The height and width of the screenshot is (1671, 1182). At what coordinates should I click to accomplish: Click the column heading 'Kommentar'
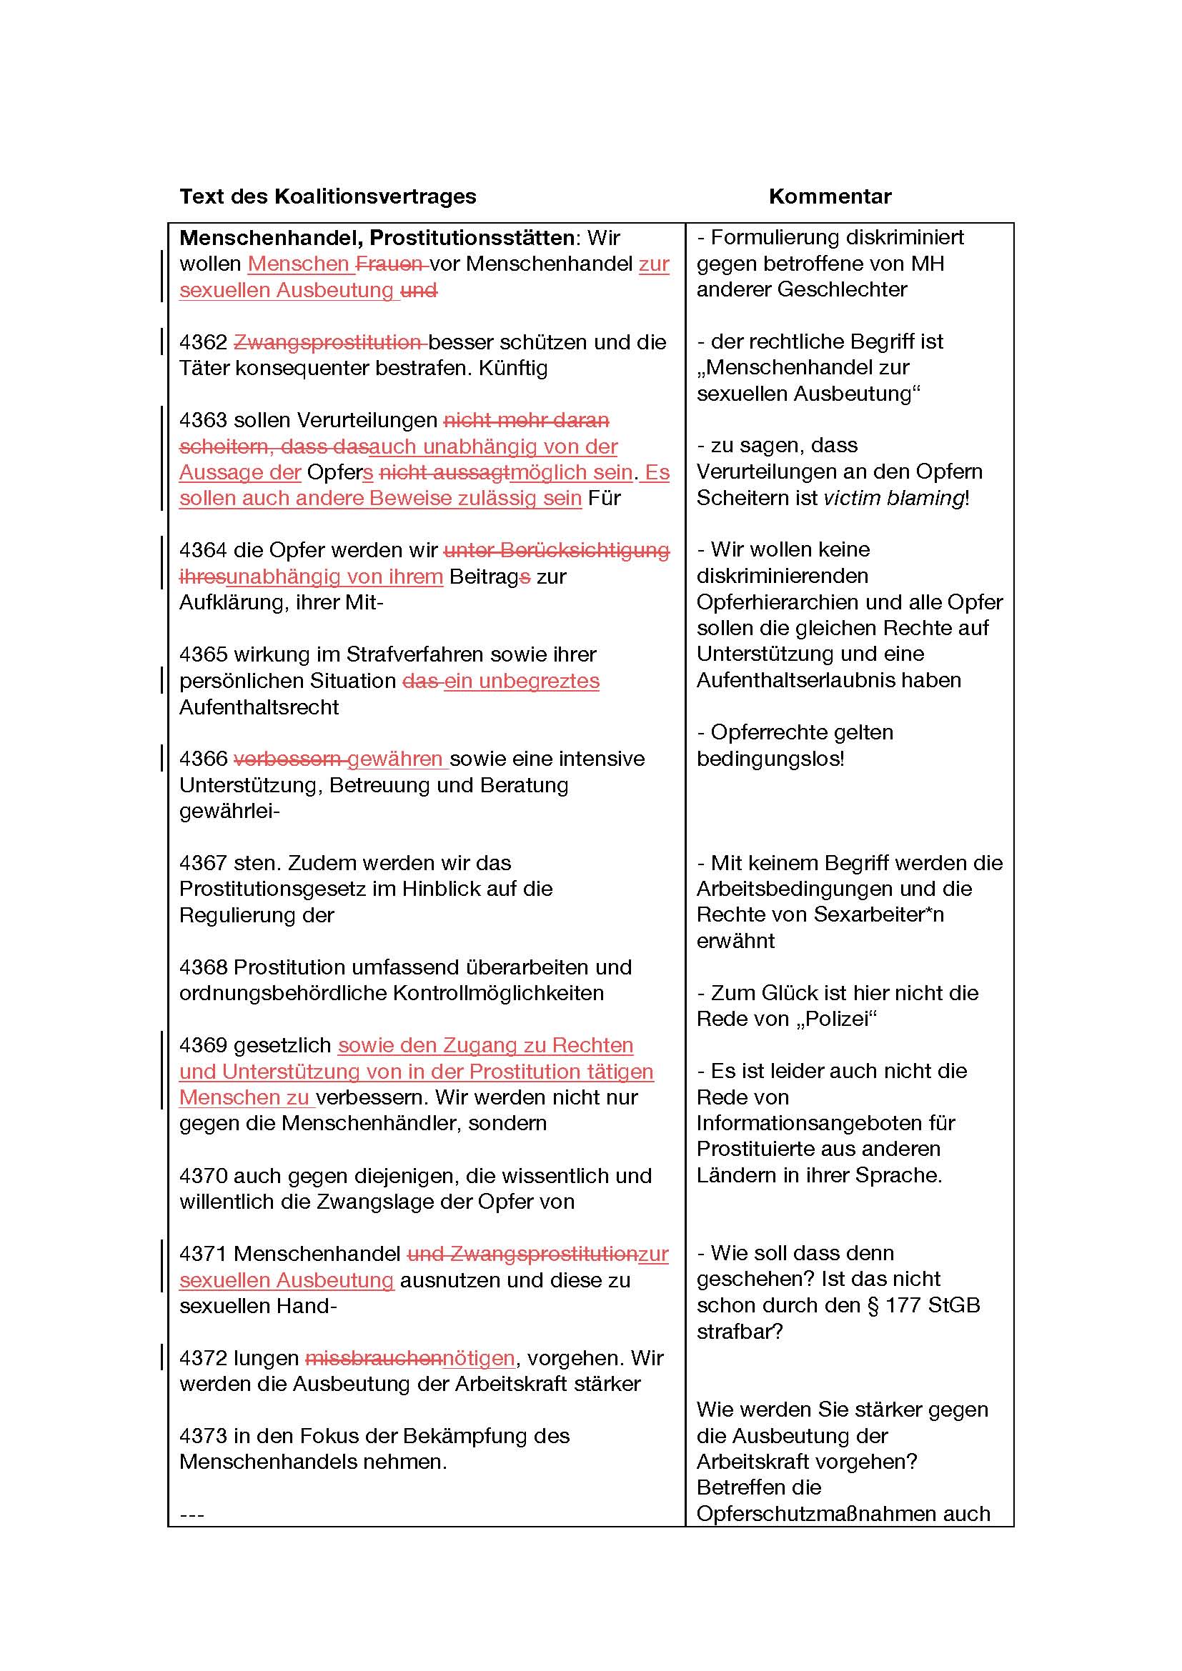[x=830, y=196]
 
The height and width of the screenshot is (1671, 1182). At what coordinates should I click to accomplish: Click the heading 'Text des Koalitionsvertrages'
[x=327, y=196]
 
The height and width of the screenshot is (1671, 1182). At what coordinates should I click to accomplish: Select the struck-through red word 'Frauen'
[x=389, y=264]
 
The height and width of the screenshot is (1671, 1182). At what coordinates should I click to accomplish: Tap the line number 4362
[x=204, y=342]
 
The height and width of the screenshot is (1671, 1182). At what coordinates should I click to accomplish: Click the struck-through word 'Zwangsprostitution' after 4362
[x=327, y=342]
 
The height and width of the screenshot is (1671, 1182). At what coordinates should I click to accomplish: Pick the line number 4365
[x=204, y=654]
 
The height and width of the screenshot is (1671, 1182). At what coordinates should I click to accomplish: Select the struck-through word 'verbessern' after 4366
[x=288, y=759]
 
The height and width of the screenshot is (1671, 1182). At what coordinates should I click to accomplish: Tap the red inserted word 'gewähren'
[x=395, y=759]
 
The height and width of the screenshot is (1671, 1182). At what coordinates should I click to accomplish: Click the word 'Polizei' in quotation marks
[x=840, y=1018]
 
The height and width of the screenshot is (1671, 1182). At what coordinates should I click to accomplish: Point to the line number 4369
[x=204, y=1045]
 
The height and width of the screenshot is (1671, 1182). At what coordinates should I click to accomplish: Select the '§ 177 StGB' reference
[x=924, y=1305]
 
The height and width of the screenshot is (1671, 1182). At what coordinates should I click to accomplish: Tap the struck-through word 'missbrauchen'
[x=373, y=1358]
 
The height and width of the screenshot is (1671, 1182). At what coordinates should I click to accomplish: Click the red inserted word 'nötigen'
[x=479, y=1358]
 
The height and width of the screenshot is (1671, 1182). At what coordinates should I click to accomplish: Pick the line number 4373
[x=204, y=1436]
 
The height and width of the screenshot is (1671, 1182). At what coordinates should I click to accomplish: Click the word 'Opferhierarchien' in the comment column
[x=779, y=602]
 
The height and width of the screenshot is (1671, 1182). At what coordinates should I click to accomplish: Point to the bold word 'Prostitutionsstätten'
[x=472, y=238]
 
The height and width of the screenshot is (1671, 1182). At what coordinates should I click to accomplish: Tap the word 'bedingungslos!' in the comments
[x=770, y=759]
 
